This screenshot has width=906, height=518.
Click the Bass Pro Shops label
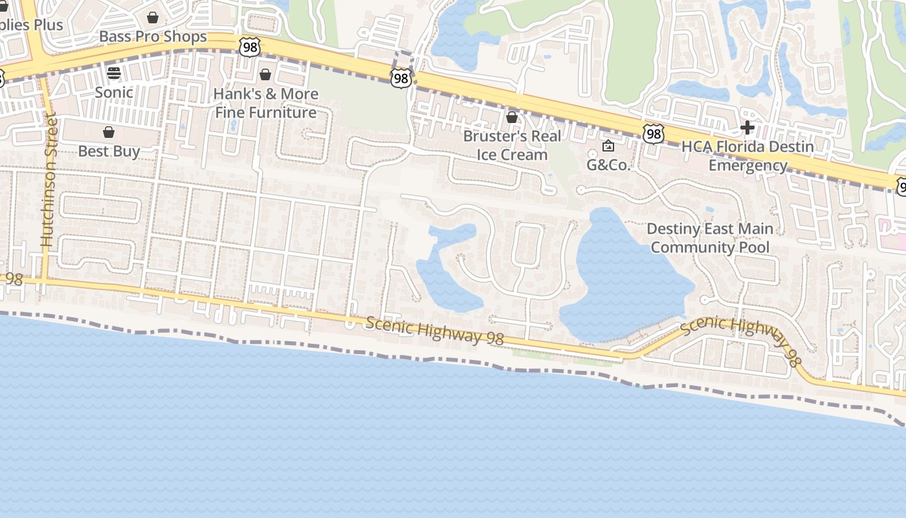pyautogui.click(x=153, y=36)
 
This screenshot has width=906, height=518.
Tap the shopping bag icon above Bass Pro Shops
pyautogui.click(x=153, y=17)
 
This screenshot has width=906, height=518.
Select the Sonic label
pyautogui.click(x=114, y=92)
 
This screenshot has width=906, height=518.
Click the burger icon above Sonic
pyautogui.click(x=114, y=73)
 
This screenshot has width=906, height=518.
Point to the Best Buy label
pyautogui.click(x=109, y=152)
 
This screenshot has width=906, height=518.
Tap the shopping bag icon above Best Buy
pyautogui.click(x=109, y=133)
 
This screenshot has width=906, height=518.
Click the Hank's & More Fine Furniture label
pyautogui.click(x=265, y=103)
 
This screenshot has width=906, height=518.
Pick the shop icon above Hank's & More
pyautogui.click(x=265, y=75)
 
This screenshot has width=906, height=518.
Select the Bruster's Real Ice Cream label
pyautogui.click(x=512, y=145)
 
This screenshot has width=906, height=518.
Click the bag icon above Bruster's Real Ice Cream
pyautogui.click(x=512, y=118)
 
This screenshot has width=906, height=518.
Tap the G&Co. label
pyautogui.click(x=608, y=164)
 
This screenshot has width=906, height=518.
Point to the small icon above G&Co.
pyautogui.click(x=608, y=146)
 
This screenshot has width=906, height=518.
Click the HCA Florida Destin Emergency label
pyautogui.click(x=747, y=155)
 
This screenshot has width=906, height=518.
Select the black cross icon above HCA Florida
pyautogui.click(x=747, y=128)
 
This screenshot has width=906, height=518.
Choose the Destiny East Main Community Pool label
pyautogui.click(x=710, y=238)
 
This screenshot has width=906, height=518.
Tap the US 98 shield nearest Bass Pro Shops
pyautogui.click(x=249, y=47)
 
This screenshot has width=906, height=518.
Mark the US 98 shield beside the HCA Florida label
pyautogui.click(x=654, y=134)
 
